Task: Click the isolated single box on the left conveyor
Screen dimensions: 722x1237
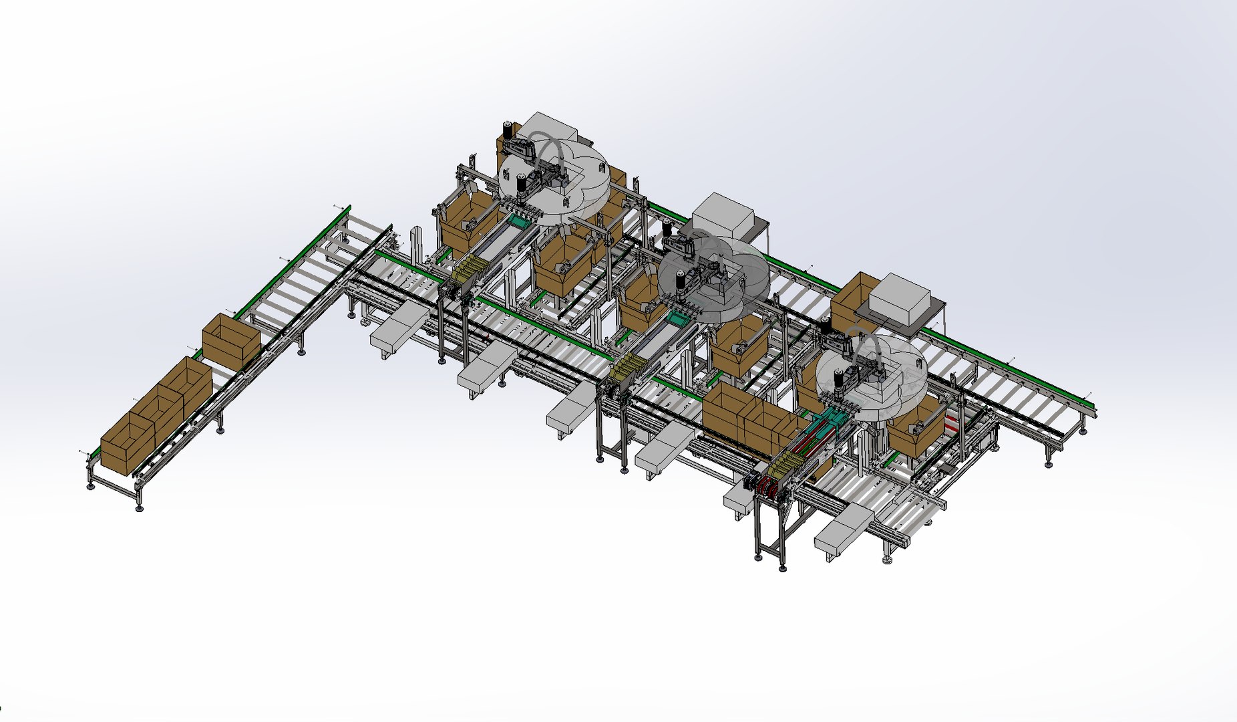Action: pyautogui.click(x=230, y=340)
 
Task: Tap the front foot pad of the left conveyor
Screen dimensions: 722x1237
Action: pyautogui.click(x=139, y=508)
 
